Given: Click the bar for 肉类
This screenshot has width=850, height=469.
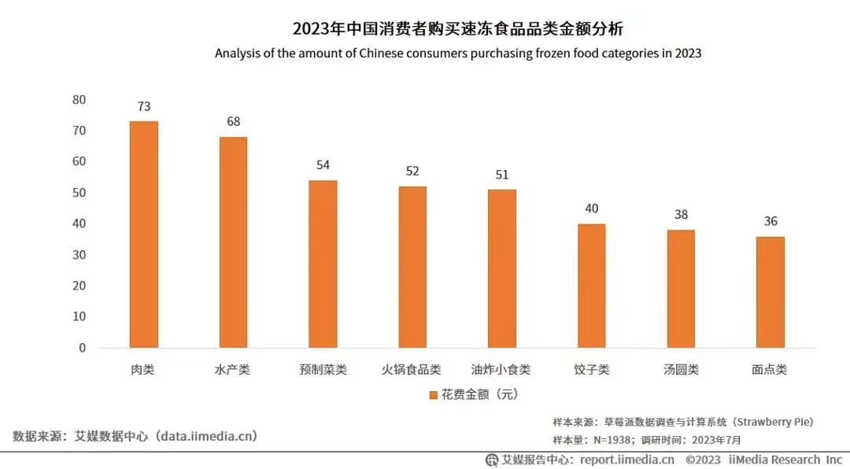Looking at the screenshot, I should [x=143, y=234].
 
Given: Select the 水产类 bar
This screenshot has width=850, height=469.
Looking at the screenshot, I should [x=233, y=242].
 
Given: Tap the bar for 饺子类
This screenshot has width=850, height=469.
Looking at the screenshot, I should [x=591, y=285].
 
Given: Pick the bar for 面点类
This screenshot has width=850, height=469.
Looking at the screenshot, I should [x=770, y=291].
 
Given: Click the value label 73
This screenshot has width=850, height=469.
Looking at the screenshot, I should [x=143, y=106].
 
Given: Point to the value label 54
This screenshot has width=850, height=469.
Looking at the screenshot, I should [x=323, y=165].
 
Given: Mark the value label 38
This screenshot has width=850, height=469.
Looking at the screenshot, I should [x=681, y=215].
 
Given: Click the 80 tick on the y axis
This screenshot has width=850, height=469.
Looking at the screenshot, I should [x=79, y=100].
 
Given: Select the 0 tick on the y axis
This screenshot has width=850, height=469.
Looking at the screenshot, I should [x=82, y=348].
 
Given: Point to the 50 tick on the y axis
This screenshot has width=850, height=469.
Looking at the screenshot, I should [x=79, y=193].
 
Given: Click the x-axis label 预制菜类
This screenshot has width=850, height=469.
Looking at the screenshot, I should [x=323, y=369].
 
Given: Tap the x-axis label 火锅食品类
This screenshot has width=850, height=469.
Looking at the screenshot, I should [x=412, y=369].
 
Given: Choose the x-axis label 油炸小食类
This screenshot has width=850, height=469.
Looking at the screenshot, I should [x=501, y=369].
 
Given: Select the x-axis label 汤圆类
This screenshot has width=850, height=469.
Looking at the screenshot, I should [x=681, y=369].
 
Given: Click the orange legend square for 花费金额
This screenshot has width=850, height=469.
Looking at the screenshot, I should [x=433, y=394].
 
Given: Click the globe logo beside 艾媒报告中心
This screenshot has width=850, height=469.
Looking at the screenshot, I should [x=492, y=460].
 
